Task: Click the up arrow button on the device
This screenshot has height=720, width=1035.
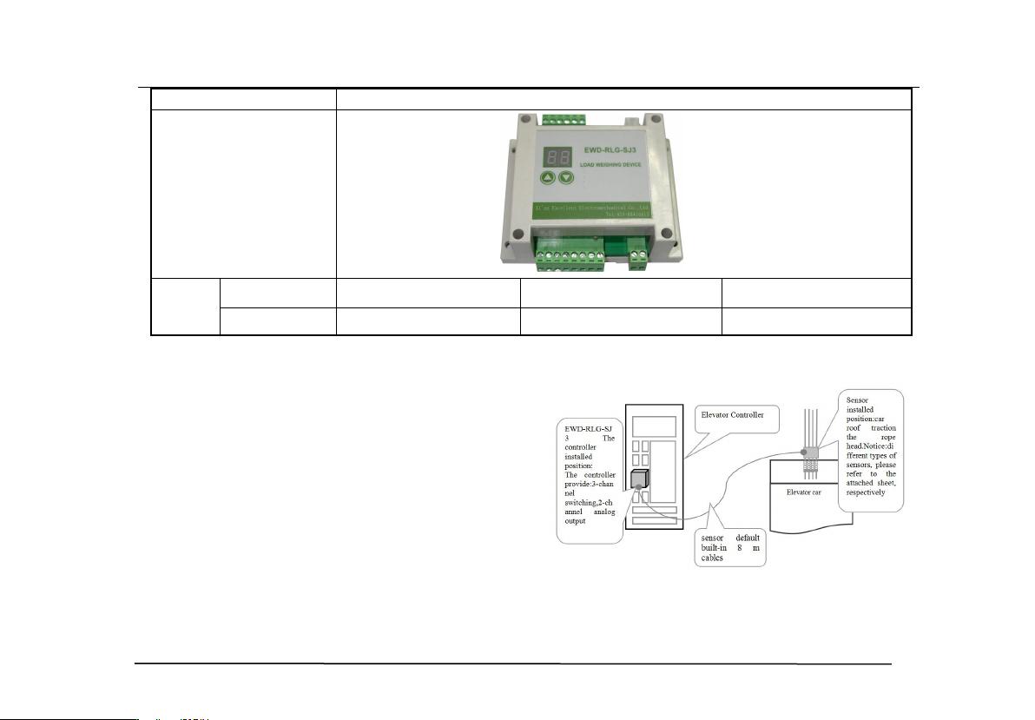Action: (x=548, y=178)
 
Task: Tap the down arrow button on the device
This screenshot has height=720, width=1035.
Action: (x=566, y=178)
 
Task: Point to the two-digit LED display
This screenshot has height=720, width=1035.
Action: (x=556, y=157)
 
